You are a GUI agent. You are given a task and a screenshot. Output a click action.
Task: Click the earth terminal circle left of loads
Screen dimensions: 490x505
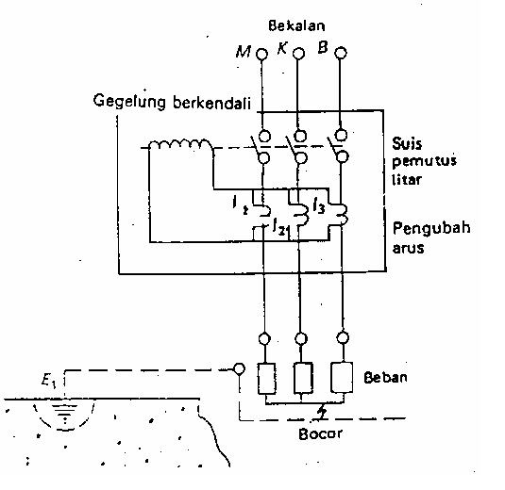(x=240, y=368)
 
